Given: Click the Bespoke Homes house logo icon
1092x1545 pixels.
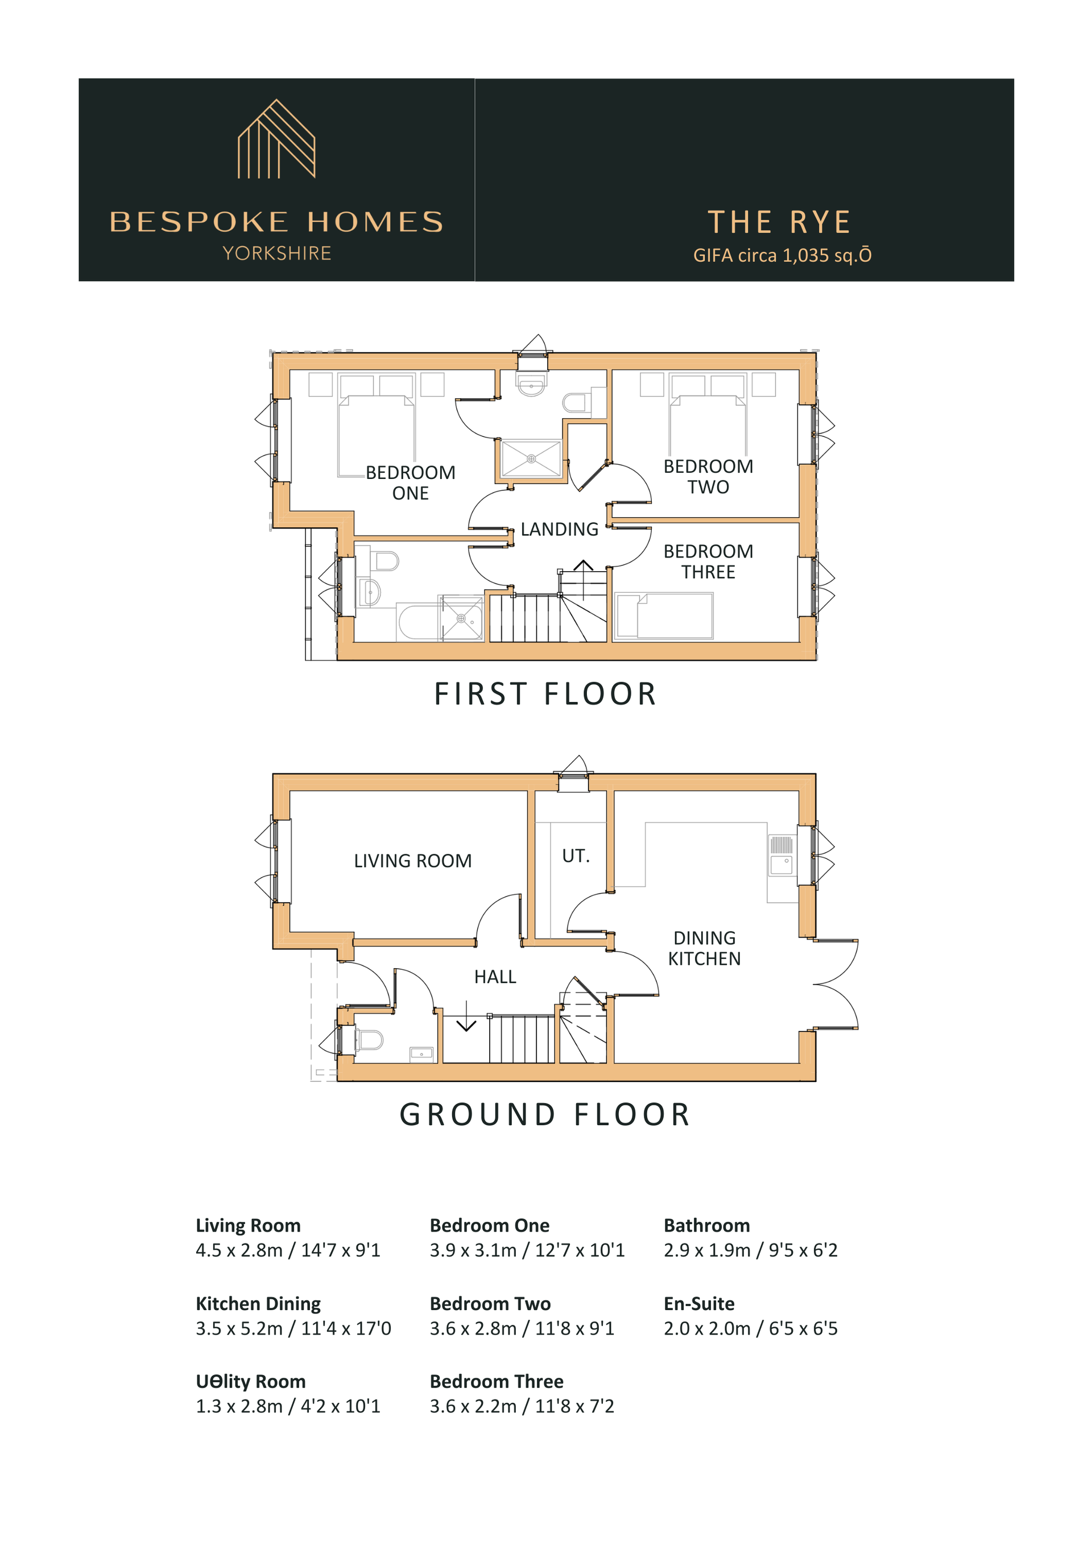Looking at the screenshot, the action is click(276, 139).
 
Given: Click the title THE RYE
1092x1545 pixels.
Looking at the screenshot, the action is click(780, 222).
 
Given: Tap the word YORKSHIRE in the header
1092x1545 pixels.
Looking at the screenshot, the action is click(277, 253).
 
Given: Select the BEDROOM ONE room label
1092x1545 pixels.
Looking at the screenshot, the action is click(411, 482).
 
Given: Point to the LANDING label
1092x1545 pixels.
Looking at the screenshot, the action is click(559, 529).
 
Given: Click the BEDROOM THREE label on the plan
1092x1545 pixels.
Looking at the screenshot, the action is click(708, 561).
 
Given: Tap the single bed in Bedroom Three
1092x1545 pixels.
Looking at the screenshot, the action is click(664, 615).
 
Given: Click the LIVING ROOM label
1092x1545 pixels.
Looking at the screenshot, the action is click(412, 861).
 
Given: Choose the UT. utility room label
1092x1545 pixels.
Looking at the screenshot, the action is click(576, 856).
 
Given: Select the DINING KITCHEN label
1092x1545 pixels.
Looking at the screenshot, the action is click(705, 948).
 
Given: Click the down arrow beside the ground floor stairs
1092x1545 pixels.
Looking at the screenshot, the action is click(466, 1016).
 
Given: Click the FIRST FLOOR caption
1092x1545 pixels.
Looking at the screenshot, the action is click(545, 694).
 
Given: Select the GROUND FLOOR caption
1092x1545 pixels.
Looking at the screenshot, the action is click(545, 1114).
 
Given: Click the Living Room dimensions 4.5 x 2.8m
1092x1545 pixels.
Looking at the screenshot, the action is click(288, 1250).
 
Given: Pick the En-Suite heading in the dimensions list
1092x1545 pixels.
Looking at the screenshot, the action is click(699, 1303).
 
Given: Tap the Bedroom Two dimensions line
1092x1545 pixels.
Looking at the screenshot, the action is click(522, 1328).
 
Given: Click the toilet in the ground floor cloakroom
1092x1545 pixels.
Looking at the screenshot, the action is click(369, 1040).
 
